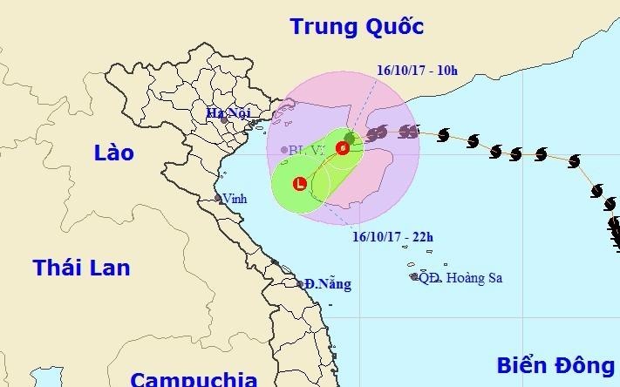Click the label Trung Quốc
click(357, 26)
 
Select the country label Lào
click(113, 153)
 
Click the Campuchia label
click(194, 378)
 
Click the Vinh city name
click(235, 199)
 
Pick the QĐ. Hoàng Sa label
click(461, 278)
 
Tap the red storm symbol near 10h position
click(343, 148)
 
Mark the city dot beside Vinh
click(219, 199)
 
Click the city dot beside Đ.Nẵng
click(299, 283)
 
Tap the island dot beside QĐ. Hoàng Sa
click(414, 277)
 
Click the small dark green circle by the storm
click(349, 138)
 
